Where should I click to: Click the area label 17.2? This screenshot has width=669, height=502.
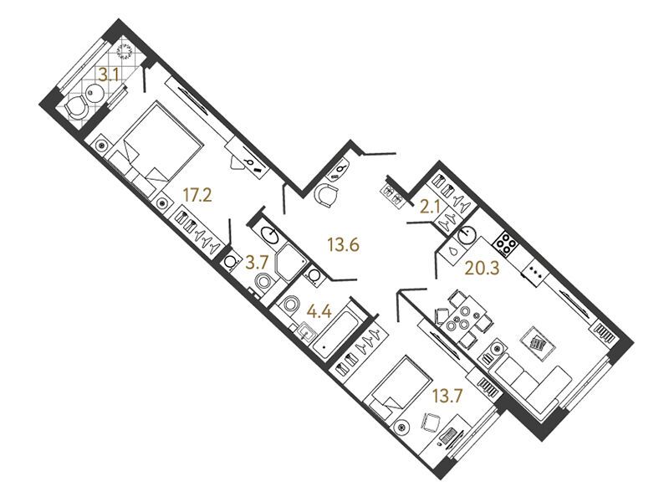pyautogui.click(x=197, y=196)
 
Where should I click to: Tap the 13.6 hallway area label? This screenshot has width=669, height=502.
pyautogui.click(x=343, y=245)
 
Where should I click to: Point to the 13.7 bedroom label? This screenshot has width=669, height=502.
pyautogui.click(x=447, y=397)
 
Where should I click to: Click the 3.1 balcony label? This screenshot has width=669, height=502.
pyautogui.click(x=108, y=75)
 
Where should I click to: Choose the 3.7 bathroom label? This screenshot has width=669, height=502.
pyautogui.click(x=258, y=262)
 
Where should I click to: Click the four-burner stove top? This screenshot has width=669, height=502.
pyautogui.click(x=505, y=243)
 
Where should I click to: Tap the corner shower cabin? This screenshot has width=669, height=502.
pyautogui.click(x=291, y=262)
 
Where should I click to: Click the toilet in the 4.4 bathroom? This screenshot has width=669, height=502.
pyautogui.click(x=289, y=305)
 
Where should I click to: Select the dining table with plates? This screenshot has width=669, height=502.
pyautogui.click(x=462, y=316)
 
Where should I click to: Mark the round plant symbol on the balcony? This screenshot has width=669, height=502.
pyautogui.click(x=125, y=52)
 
